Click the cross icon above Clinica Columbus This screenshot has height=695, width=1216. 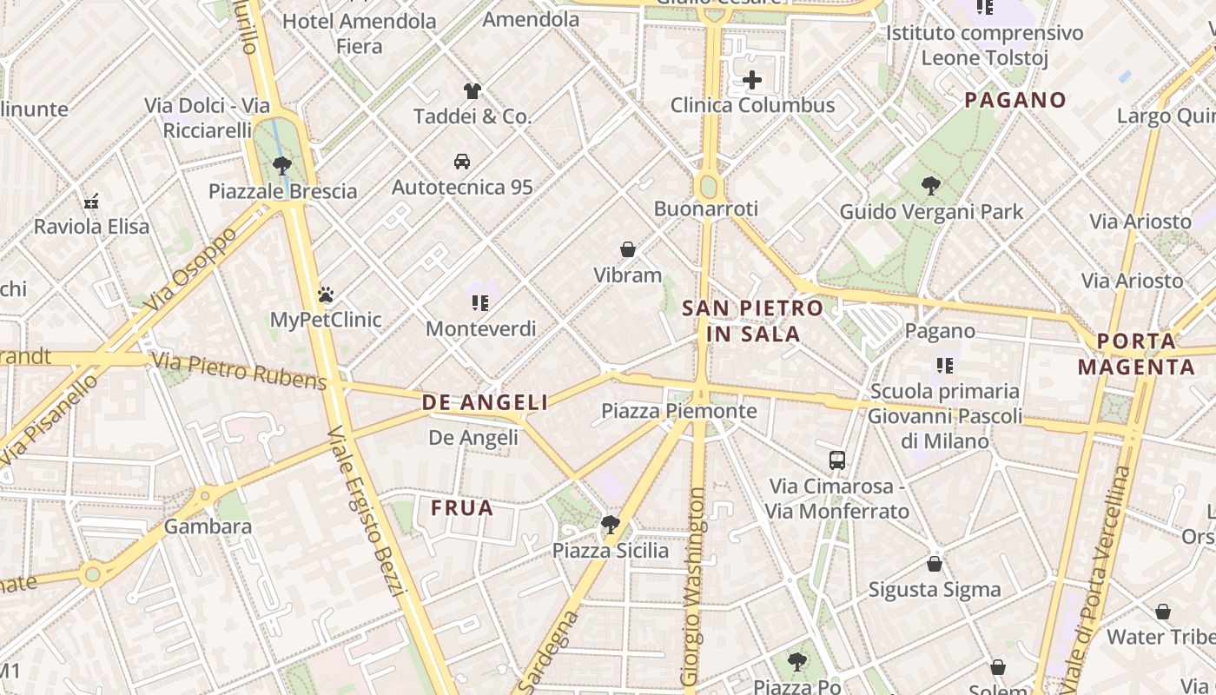pos(752,81)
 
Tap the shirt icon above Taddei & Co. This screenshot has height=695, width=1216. pos(472,91)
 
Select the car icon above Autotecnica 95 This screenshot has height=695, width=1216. pos(462,162)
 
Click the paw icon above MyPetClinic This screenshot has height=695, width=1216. pos(326,295)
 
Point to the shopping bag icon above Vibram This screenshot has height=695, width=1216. pos(628,250)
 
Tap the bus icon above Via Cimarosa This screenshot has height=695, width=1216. pos(837,460)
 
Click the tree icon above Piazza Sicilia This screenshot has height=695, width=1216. pos(611,525)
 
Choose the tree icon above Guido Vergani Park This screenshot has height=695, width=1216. pos(931,186)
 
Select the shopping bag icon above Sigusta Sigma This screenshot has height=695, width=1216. pos(935,564)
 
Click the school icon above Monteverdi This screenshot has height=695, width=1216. pos(480,303)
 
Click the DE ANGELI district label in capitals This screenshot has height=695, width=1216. pos(485,402)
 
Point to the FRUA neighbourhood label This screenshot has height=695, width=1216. pos(462,508)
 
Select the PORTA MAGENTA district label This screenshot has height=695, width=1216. pos(1136,354)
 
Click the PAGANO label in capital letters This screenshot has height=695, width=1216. pos(1014,100)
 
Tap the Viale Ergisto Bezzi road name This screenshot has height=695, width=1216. pos(367,512)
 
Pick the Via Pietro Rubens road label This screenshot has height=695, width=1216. pos(239,371)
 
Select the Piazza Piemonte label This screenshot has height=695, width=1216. pos(679,411)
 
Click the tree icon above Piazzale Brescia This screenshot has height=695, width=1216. pos(281,165)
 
